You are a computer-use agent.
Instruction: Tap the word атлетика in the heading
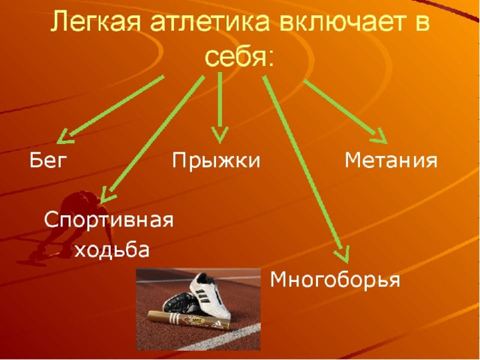click(210, 22)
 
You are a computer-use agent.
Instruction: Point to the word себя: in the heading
click(239, 57)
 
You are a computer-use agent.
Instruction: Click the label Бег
click(48, 160)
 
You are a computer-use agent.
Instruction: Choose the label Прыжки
click(216, 160)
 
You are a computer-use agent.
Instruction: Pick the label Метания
click(391, 160)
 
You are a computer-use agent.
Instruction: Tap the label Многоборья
click(335, 279)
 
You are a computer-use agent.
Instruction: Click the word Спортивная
click(109, 220)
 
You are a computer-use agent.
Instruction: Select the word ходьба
click(112, 249)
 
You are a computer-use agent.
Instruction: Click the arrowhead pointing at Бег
click(65, 136)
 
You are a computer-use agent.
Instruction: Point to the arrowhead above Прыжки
click(220, 135)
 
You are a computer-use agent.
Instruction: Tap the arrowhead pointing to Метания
click(380, 136)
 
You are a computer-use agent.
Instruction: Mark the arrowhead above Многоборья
click(343, 255)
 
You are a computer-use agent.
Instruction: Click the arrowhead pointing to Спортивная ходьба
click(106, 195)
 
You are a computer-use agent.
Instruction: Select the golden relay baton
click(188, 320)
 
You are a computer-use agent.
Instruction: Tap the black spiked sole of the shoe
click(180, 304)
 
